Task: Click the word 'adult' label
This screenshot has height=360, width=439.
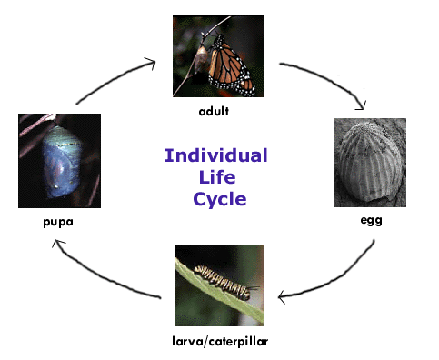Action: tap(214, 111)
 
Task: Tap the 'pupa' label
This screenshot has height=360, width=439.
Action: tap(58, 222)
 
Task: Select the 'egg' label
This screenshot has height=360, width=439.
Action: tap(371, 220)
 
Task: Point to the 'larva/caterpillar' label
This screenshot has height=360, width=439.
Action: tap(220, 341)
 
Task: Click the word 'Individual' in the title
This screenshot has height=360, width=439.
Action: tap(216, 155)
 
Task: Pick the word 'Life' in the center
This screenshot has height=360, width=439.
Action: tap(217, 177)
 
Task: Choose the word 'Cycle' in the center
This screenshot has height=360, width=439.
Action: tap(220, 199)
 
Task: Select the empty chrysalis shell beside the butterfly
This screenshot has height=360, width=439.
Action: tap(201, 59)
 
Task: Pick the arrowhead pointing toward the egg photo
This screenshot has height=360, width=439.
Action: tap(362, 105)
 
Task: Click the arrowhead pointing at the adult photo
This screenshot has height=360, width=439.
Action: tap(151, 63)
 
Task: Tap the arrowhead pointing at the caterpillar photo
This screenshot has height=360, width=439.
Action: tap(282, 297)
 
